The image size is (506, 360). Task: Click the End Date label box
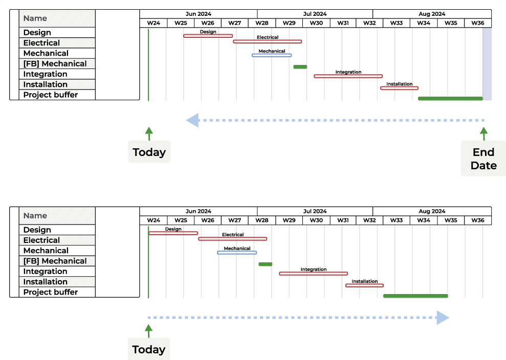pyautogui.click(x=483, y=159)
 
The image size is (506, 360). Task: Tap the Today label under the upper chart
pyautogui.click(x=149, y=152)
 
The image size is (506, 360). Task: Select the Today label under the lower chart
pyautogui.click(x=149, y=350)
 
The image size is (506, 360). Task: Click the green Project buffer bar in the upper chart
pyautogui.click(x=450, y=98)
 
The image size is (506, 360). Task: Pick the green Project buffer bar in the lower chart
pyautogui.click(x=415, y=296)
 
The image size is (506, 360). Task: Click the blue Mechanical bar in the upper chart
pyautogui.click(x=272, y=55)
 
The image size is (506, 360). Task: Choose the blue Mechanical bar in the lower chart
pyautogui.click(x=237, y=253)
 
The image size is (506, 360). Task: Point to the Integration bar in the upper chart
pyautogui.click(x=348, y=76)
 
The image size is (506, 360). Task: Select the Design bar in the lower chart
pyautogui.click(x=173, y=233)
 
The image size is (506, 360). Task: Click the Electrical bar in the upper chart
pyautogui.click(x=267, y=41)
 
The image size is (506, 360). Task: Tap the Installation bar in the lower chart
pyautogui.click(x=364, y=285)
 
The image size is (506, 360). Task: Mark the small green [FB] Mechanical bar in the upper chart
pyautogui.click(x=300, y=67)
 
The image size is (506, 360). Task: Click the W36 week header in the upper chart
pyautogui.click(x=478, y=23)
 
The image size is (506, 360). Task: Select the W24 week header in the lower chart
pyautogui.click(x=153, y=220)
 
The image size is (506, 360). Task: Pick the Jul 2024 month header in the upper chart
pyautogui.click(x=315, y=14)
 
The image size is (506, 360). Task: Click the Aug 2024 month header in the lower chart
pyautogui.click(x=432, y=211)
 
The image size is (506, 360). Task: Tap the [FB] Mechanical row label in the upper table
pyautogui.click(x=55, y=64)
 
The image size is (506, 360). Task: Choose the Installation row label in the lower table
pyautogui.click(x=46, y=282)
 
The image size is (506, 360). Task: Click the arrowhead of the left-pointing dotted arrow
pyautogui.click(x=192, y=121)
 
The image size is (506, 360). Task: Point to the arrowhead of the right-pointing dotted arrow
pyautogui.click(x=443, y=318)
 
